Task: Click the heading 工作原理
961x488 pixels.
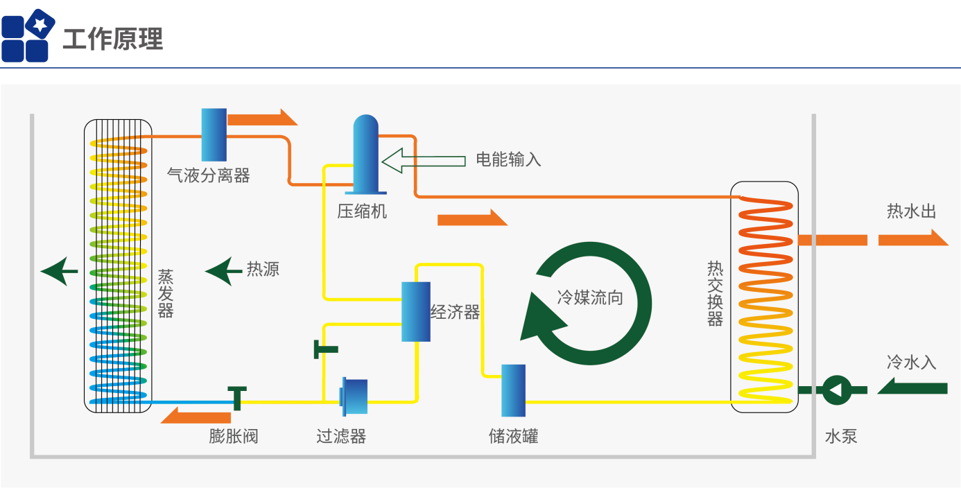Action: coord(113,39)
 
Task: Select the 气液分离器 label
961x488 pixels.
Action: coord(209,175)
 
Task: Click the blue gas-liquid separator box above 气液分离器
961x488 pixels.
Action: coord(214,134)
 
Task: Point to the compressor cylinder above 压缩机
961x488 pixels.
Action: coord(365,154)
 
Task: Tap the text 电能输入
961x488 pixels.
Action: coord(508,159)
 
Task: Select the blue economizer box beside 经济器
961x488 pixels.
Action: coord(416,311)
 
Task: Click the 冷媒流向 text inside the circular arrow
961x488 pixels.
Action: coord(590,298)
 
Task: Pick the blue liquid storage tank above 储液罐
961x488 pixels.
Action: coord(513,390)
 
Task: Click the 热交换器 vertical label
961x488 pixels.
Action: coord(715,293)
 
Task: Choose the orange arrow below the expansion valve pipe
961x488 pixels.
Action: coord(196,416)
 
